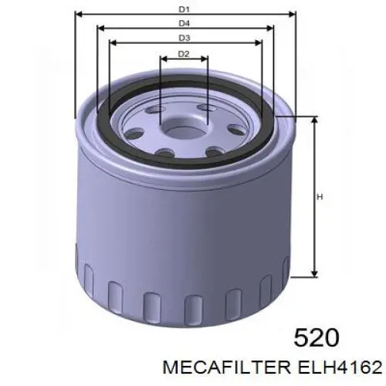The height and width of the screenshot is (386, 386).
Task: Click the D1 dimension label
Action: [x=184, y=8]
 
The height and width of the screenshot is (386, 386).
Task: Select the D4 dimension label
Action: [x=184, y=23]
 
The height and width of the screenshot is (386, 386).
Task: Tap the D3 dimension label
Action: [x=184, y=38]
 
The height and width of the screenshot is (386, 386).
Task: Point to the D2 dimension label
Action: [x=184, y=53]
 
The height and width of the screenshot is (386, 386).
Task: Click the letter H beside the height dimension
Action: [x=319, y=197]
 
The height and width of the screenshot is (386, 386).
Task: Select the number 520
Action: [x=317, y=337]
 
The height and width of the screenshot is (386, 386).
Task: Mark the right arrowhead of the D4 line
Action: [x=273, y=29]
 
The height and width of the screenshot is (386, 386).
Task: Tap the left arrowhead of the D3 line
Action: [x=113, y=44]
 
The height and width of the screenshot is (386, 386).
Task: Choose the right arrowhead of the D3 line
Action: [x=258, y=44]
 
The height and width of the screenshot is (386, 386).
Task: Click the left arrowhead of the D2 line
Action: [x=162, y=59]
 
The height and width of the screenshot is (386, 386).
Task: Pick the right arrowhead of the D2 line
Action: [x=207, y=59]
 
